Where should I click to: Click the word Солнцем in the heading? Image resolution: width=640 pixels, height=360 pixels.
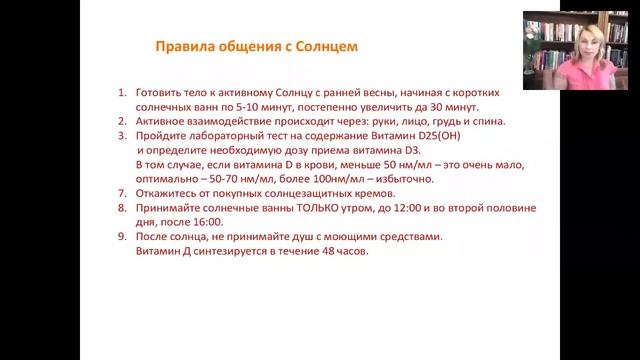click(326, 47)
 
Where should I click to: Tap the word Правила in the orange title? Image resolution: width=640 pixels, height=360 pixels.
click(184, 47)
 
